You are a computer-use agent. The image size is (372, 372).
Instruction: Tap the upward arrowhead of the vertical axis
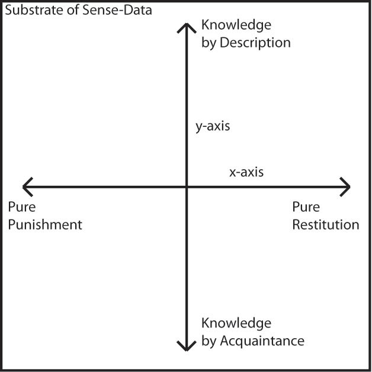tap(187, 26)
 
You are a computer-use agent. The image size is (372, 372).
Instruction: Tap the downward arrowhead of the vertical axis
tap(187, 347)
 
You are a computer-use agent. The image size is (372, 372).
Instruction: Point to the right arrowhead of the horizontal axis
tap(347, 186)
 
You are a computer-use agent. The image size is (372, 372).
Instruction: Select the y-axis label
tap(213, 126)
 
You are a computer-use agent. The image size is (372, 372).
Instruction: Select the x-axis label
tap(246, 173)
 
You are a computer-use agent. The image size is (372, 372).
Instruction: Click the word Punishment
tap(44, 225)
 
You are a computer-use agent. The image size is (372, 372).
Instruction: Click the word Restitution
tap(326, 225)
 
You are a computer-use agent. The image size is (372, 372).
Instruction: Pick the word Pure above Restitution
tap(306, 207)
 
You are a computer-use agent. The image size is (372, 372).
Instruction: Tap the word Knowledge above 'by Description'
tap(236, 25)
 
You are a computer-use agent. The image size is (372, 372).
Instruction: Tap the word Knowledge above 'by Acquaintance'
tap(236, 323)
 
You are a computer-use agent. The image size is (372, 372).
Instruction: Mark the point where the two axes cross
tap(187, 186)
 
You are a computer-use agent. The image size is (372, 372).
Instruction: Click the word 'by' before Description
tap(209, 43)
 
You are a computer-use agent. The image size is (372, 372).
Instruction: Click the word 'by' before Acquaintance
tap(209, 342)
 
